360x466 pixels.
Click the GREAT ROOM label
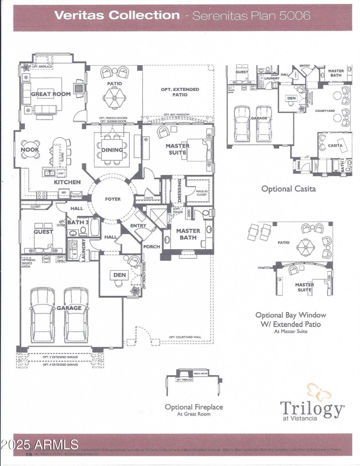[x=51, y=94]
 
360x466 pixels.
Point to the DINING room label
[x=112, y=150]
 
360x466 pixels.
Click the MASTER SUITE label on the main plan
[x=178, y=149]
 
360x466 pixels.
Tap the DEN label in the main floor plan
[x=119, y=274]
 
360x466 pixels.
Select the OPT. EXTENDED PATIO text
[x=180, y=92]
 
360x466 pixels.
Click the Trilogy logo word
[x=312, y=408]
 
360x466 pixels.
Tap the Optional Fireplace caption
[x=193, y=407]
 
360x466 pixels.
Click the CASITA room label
[x=335, y=145]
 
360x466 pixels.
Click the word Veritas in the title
[x=79, y=15]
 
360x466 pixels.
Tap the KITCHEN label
[x=67, y=182]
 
